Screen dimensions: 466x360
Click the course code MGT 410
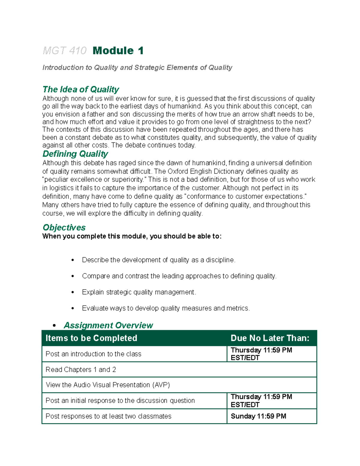pos(64,51)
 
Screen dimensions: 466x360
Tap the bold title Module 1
pos(118,50)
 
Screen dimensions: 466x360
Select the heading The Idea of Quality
pos(81,89)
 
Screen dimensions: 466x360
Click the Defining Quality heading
pos(75,154)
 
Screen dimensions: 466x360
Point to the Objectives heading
pos(64,227)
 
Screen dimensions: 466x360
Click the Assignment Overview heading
pos(108,325)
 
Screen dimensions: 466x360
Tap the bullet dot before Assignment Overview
pos(54,326)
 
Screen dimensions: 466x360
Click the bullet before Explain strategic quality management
pos(73,292)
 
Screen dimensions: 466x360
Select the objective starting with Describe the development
pos(158,260)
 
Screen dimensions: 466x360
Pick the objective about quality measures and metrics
pos(166,308)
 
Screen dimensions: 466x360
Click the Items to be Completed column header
pos(91,338)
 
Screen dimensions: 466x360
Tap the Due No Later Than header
pos(270,338)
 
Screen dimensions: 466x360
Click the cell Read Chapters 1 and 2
pos(81,370)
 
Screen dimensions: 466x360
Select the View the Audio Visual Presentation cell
pos(108,385)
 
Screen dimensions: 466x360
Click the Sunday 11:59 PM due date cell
pos(258,416)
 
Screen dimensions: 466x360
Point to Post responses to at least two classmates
pos(108,416)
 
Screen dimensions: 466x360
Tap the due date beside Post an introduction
pos(261,354)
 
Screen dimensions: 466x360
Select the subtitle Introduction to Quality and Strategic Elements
pos(137,68)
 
